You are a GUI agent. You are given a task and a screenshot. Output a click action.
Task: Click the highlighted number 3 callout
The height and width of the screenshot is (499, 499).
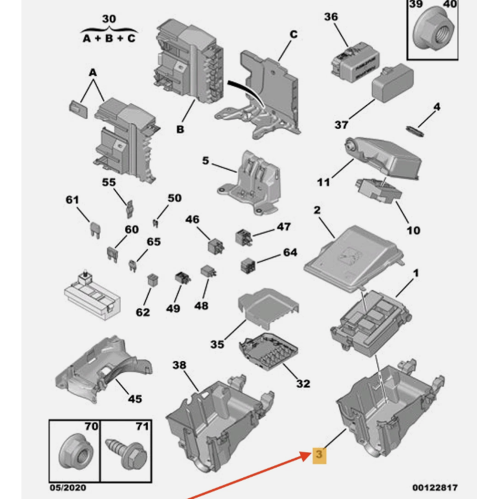pos(319,455)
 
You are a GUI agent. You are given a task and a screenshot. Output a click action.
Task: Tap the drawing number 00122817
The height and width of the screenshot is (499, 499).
pos(435,487)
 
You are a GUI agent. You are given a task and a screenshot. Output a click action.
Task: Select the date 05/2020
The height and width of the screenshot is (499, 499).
pos(68,488)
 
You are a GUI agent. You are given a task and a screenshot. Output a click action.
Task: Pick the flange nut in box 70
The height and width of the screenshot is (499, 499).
pos(74,451)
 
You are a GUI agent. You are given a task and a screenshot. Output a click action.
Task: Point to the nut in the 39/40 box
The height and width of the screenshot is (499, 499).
pos(435,32)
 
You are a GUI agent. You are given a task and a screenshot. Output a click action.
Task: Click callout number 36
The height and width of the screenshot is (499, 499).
pos(331,17)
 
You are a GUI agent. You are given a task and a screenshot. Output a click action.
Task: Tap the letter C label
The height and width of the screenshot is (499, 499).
pos(293,34)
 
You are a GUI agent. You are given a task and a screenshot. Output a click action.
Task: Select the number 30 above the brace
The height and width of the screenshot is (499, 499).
pos(109,19)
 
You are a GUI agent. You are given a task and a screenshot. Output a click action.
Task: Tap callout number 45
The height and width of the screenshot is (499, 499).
pos(135,399)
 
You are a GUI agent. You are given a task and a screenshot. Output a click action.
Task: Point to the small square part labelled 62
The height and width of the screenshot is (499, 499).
pos(153,280)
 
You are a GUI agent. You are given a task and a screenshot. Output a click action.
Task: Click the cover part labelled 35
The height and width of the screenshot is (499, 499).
pos(268,308)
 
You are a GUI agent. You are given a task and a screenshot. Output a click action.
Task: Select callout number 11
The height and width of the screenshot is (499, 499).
pos(323,182)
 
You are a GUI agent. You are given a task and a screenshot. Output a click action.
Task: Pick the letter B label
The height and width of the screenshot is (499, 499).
pos(180,130)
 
